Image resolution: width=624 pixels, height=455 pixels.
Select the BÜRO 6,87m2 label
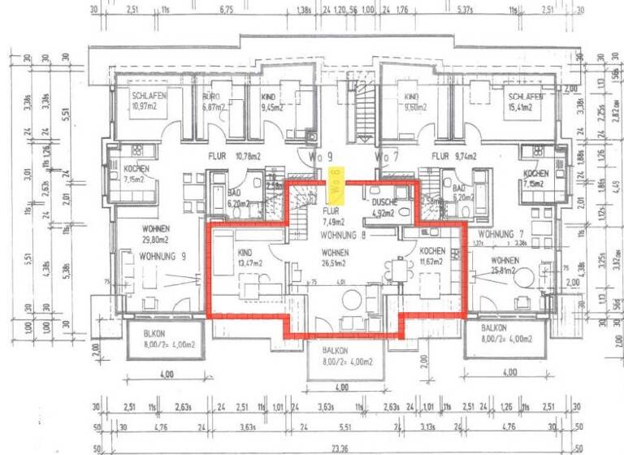click(212, 102)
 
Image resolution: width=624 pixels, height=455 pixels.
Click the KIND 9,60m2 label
click(413, 102)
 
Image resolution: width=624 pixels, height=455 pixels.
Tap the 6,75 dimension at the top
click(227, 11)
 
